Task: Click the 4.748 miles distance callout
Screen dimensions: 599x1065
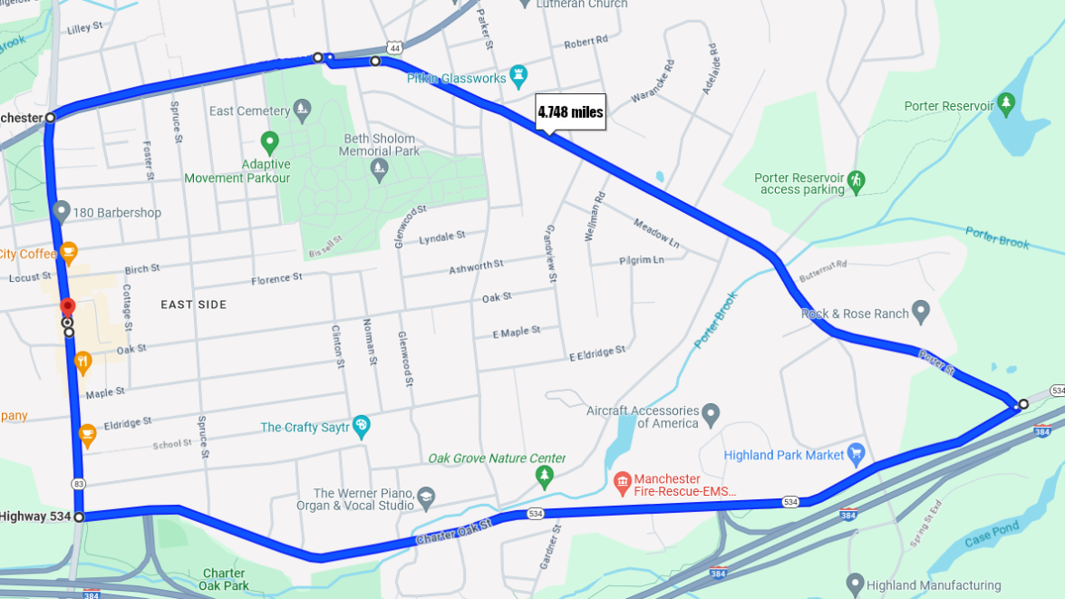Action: [570, 112]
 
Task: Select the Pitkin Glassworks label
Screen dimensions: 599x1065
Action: [456, 79]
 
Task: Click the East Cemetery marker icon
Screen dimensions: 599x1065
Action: [303, 111]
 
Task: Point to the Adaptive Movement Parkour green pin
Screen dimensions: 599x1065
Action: [269, 142]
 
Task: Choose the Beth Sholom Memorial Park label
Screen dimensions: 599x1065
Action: [380, 145]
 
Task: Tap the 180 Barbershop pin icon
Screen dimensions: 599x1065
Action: [62, 212]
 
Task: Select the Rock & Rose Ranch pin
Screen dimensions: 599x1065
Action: [921, 313]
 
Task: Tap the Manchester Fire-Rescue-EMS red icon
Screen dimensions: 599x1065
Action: [622, 484]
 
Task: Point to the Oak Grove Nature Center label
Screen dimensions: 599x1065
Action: [497, 459]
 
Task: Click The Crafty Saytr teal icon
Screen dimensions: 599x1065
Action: [362, 426]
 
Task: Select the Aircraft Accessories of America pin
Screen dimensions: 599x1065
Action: [711, 416]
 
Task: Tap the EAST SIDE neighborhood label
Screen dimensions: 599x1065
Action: [194, 304]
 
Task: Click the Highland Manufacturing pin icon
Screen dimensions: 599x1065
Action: [855, 585]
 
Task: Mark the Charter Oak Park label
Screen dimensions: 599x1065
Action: [224, 579]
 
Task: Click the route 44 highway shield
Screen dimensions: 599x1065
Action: [393, 47]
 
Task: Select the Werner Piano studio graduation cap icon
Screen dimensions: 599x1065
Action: [426, 498]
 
